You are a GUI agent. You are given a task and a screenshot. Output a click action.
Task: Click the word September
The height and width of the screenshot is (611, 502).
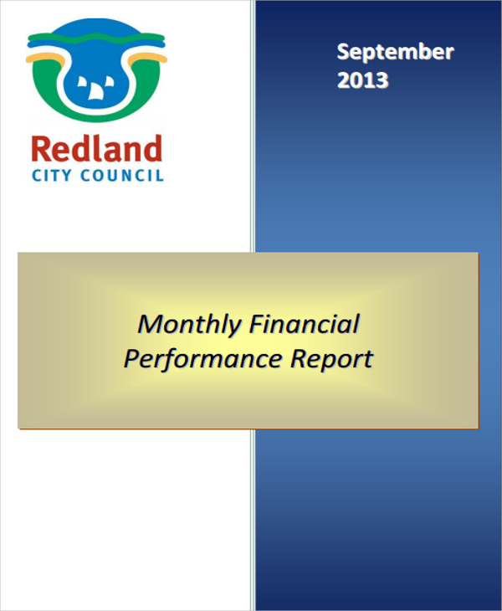tap(395, 52)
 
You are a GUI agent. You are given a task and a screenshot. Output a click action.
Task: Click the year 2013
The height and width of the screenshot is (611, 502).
tap(362, 80)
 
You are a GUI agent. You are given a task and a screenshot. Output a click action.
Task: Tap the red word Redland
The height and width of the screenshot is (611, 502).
tap(96, 150)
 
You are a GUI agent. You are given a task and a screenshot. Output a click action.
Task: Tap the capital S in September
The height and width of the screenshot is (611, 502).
tap(344, 52)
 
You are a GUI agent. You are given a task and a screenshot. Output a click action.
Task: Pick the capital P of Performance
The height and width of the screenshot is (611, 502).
tap(131, 358)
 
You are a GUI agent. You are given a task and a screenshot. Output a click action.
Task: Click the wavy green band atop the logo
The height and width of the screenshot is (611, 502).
tap(96, 33)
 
